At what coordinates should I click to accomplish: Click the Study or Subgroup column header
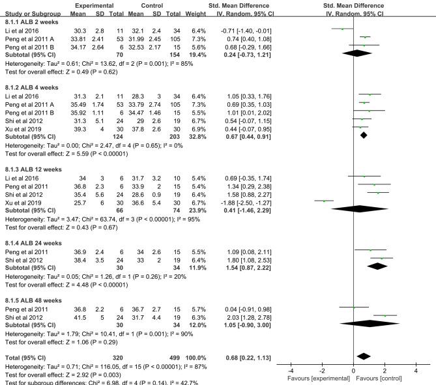[27, 13]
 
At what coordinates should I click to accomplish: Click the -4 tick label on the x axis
[291, 370]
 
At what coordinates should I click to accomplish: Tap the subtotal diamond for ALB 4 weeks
[364, 135]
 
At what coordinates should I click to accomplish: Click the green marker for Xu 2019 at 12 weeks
[324, 201]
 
